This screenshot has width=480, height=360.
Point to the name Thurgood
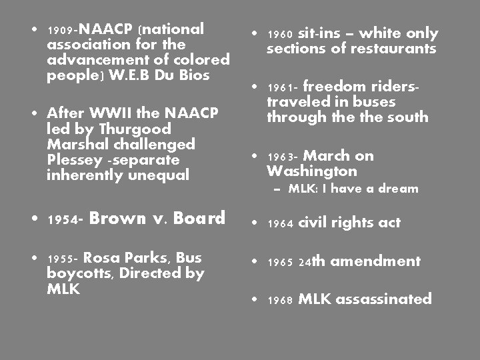[x=141, y=129]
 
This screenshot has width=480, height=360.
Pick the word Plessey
[x=69, y=160]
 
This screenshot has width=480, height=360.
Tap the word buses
[x=375, y=101]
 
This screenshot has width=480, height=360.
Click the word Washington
[x=311, y=171]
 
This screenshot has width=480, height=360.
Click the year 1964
[x=280, y=225]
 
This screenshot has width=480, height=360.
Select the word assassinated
[x=383, y=299]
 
